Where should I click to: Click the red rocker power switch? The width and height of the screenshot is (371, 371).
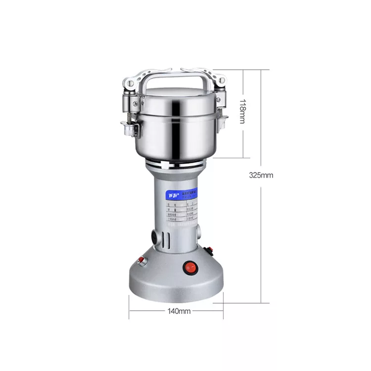[190, 268]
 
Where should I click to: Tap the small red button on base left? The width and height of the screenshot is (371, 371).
[141, 260]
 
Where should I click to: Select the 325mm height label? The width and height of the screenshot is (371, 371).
[261, 175]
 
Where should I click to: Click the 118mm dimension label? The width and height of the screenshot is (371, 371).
[242, 112]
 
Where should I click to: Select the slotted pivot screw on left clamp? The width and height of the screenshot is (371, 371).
[130, 84]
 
